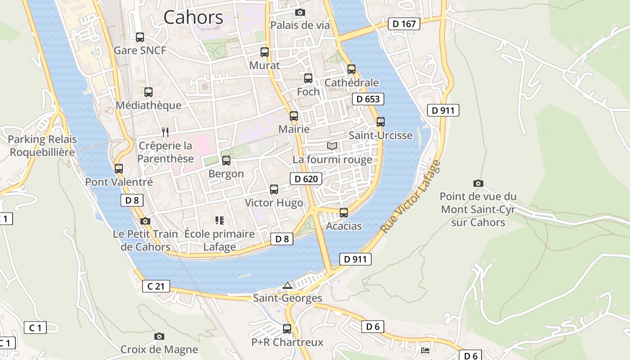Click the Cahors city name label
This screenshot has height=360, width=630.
click(x=193, y=18)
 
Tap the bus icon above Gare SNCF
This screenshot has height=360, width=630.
click(x=140, y=37)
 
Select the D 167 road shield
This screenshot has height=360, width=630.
click(x=404, y=24)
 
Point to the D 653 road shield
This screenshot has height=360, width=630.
click(x=368, y=99)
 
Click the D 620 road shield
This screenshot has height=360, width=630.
click(x=306, y=179)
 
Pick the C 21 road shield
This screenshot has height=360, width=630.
click(x=156, y=286)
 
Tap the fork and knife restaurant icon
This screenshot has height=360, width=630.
click(x=165, y=132)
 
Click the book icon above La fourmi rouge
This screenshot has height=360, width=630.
click(x=332, y=146)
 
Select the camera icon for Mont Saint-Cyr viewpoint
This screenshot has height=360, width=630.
click(x=478, y=183)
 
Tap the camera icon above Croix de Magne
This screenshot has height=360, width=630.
click(x=159, y=336)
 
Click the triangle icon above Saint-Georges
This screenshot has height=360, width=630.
click(x=287, y=285)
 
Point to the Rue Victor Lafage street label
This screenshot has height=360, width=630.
click(x=410, y=197)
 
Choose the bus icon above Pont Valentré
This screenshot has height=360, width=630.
click(x=119, y=169)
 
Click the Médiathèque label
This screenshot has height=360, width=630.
click(x=148, y=105)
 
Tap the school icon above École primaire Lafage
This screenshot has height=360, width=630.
click(x=220, y=220)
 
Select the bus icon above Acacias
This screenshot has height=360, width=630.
click(x=344, y=212)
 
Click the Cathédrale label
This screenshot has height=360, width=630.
click(x=351, y=83)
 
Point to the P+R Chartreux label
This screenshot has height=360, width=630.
click(x=287, y=342)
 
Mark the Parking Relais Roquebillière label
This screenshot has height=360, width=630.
click(x=42, y=146)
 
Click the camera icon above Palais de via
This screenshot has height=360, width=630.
click(x=300, y=12)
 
